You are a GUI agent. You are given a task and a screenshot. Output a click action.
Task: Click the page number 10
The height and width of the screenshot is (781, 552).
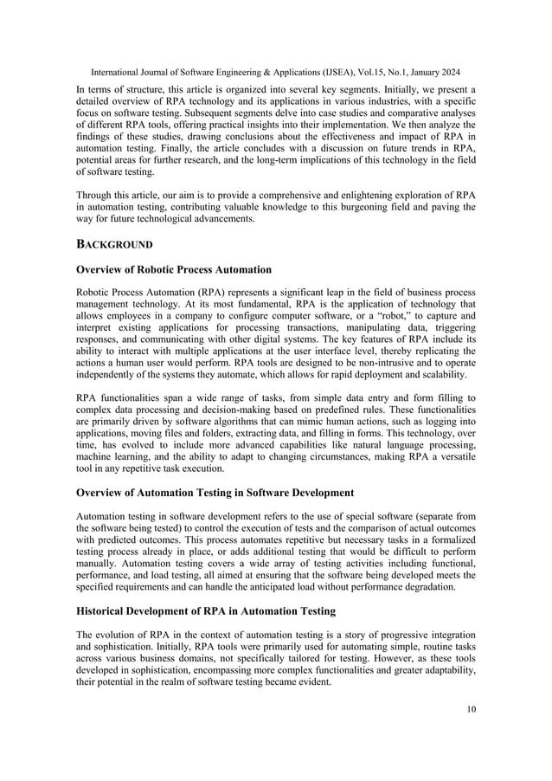[470, 710]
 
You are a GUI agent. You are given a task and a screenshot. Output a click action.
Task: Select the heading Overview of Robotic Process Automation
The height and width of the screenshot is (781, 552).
[174, 269]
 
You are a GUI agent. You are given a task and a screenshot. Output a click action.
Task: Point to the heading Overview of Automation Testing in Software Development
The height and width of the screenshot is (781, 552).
[215, 493]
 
